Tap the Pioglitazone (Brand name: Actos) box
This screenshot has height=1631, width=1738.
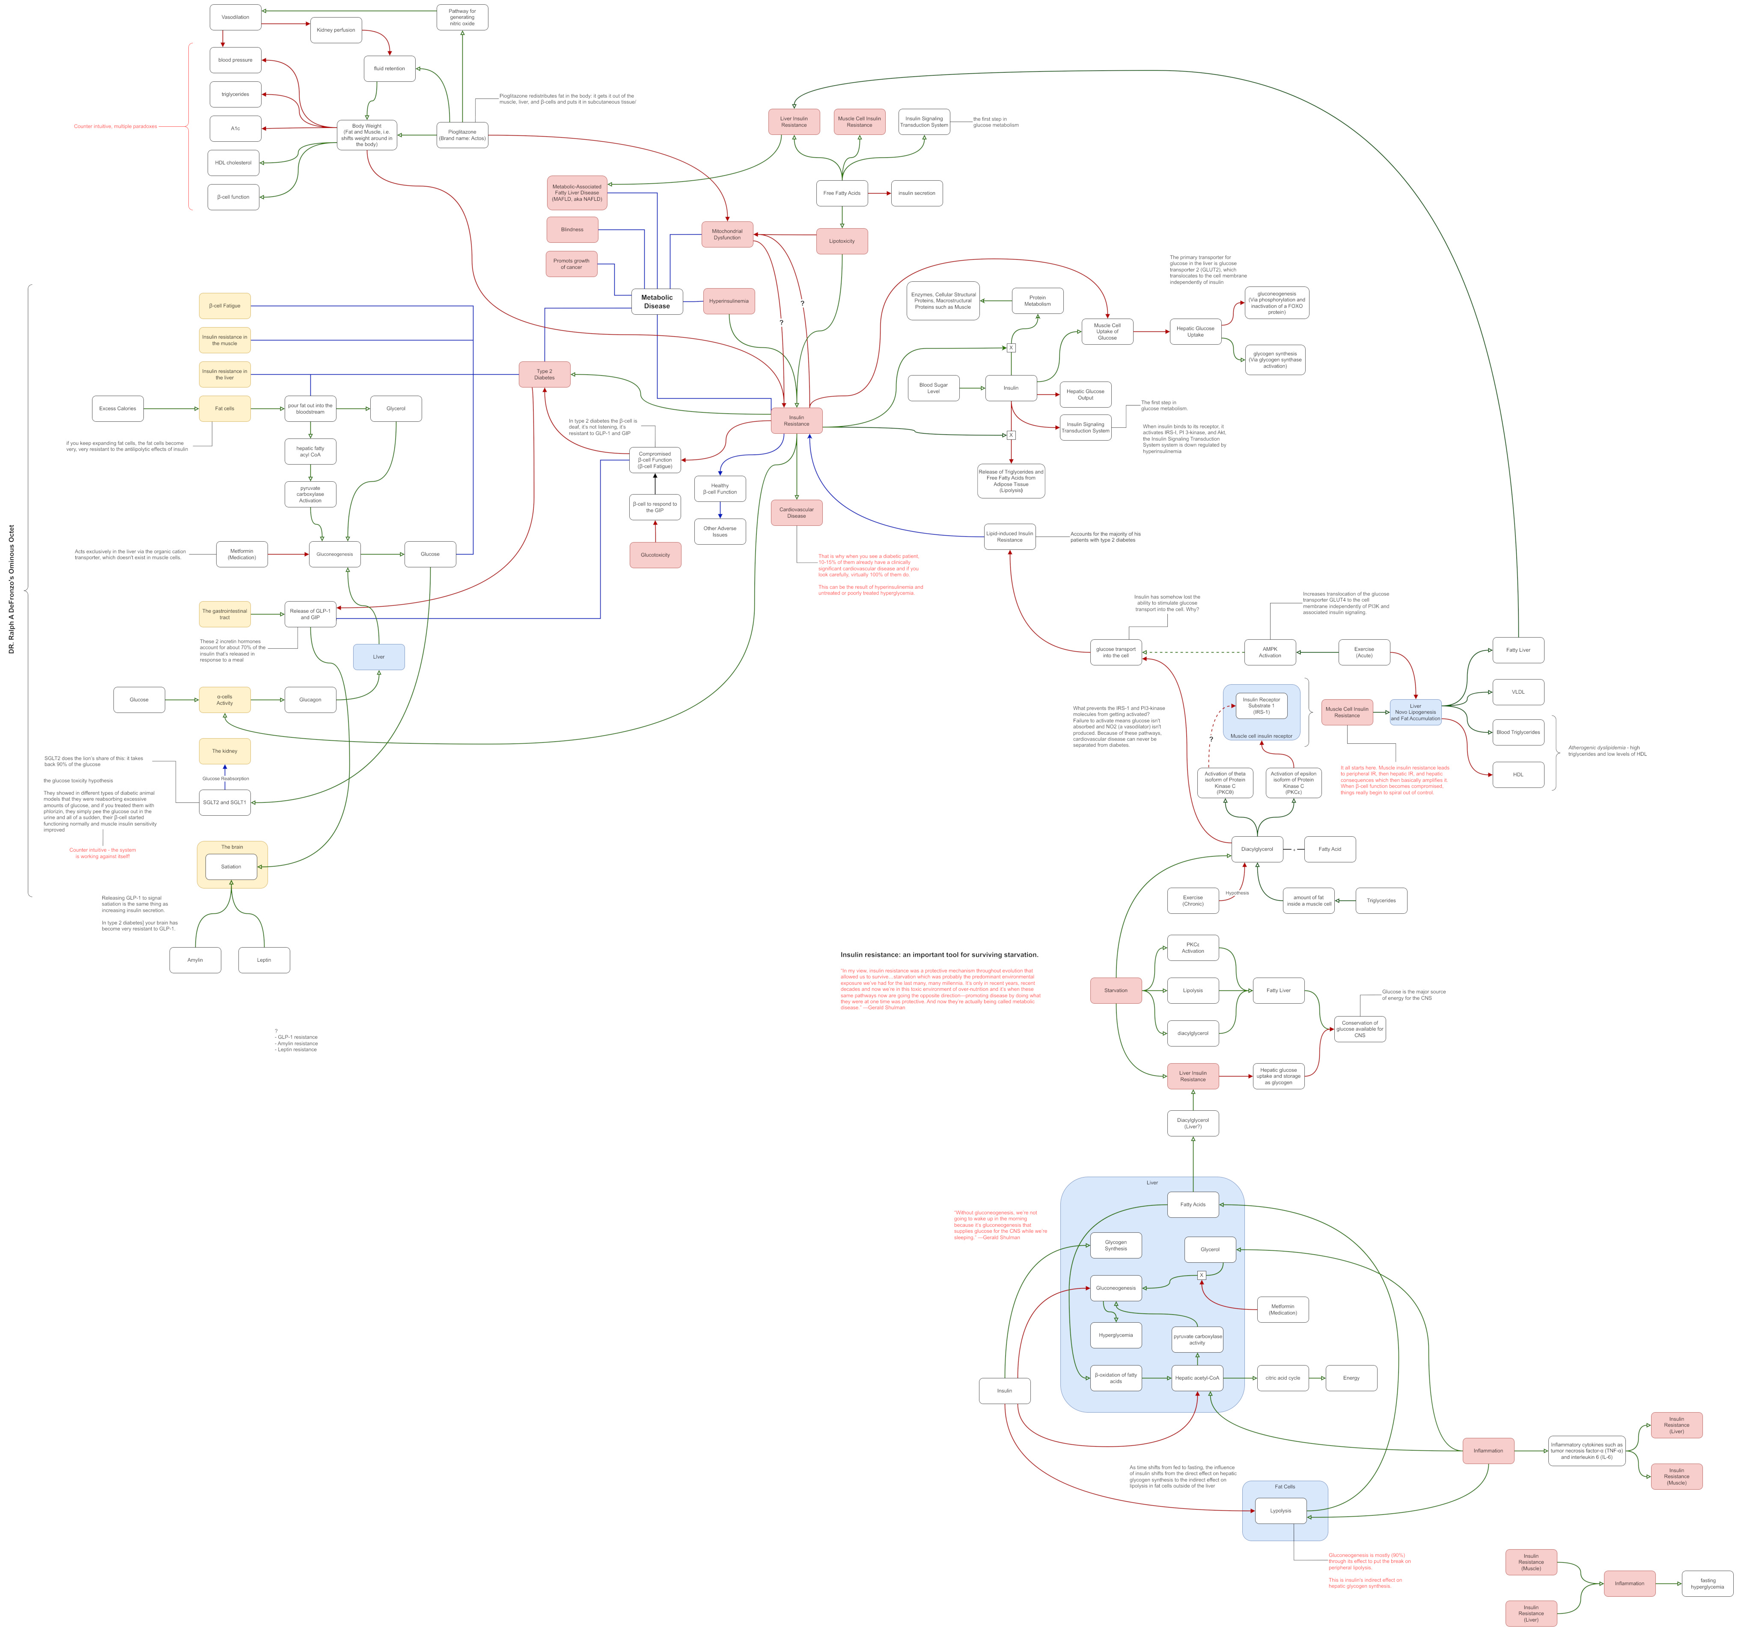tap(462, 135)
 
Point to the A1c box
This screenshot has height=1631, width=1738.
tap(235, 128)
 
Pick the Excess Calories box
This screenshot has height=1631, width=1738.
tap(118, 408)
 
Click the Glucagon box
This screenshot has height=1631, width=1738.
tap(310, 700)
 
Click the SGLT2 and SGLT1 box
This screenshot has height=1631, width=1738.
tap(225, 802)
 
